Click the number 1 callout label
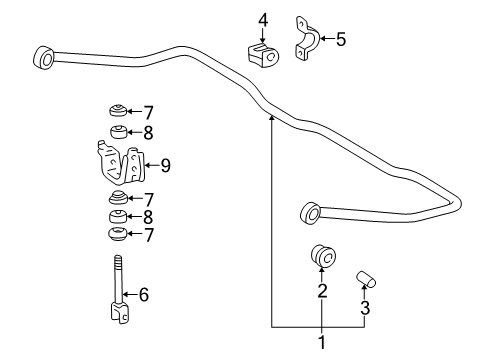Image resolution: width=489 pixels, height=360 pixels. point(321,343)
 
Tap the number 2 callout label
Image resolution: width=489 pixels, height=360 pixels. point(322,292)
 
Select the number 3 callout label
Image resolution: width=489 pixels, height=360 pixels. point(365,309)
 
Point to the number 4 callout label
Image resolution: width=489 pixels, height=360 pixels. point(262,19)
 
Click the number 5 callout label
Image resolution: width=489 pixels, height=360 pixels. point(341,40)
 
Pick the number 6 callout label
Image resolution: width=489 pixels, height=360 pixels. point(144,294)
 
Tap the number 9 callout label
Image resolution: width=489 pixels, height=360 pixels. point(165,165)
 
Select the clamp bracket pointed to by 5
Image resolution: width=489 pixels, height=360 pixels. point(306,40)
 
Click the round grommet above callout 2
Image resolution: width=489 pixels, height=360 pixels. point(322,255)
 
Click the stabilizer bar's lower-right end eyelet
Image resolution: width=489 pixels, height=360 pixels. point(310,213)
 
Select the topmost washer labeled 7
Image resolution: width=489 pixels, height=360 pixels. point(118,110)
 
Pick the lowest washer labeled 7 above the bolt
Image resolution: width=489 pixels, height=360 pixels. point(118,235)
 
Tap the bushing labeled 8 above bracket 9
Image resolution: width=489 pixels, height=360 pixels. point(118,130)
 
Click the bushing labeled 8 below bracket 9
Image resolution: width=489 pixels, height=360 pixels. point(118,216)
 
